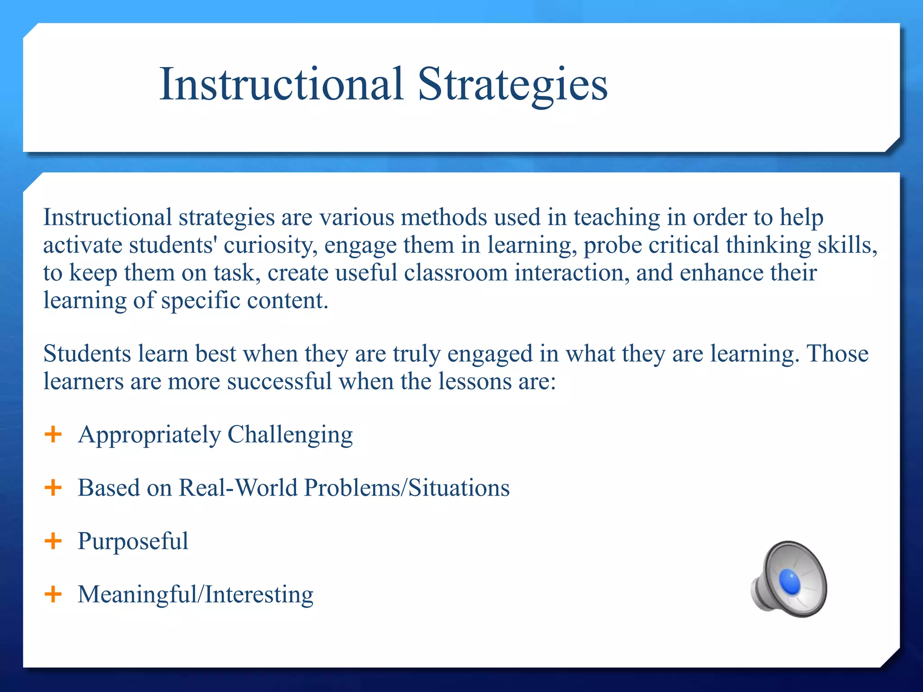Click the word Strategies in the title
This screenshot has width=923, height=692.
[x=512, y=84]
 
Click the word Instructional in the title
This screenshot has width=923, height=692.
[x=281, y=84]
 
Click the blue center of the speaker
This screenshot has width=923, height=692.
[x=790, y=582]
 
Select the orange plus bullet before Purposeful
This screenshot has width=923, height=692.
[x=53, y=541]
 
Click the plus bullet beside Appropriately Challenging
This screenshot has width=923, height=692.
[x=53, y=434]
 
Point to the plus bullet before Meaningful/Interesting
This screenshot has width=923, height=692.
[x=53, y=594]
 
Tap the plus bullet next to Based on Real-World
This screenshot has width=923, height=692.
[x=53, y=487]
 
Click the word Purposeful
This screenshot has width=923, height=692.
[x=133, y=541]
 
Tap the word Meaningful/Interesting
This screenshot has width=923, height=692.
[x=195, y=594]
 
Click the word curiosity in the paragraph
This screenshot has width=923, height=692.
[x=270, y=246]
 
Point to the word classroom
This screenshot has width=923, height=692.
[x=456, y=273]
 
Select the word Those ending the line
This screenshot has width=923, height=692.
[x=837, y=354]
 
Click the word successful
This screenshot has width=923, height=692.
[x=279, y=382]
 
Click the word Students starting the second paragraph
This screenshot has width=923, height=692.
[x=87, y=354]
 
